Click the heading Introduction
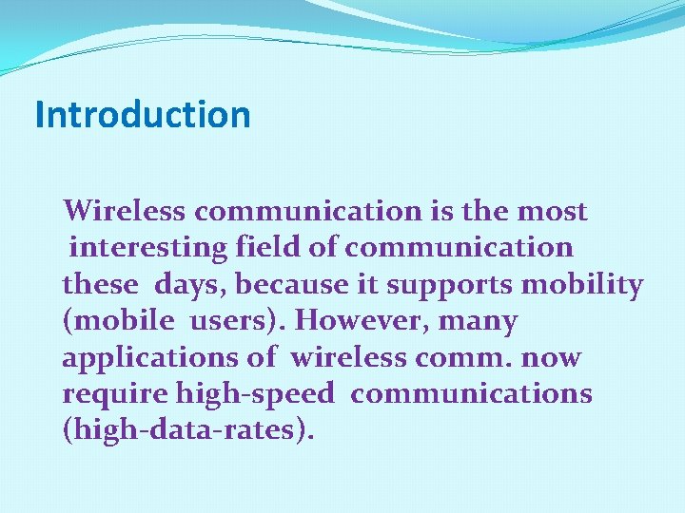pyautogui.click(x=143, y=115)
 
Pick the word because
pyautogui.click(x=295, y=284)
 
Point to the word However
pyautogui.click(x=360, y=321)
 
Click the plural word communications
pyautogui.click(x=471, y=393)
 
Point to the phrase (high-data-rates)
pyautogui.click(x=187, y=430)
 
